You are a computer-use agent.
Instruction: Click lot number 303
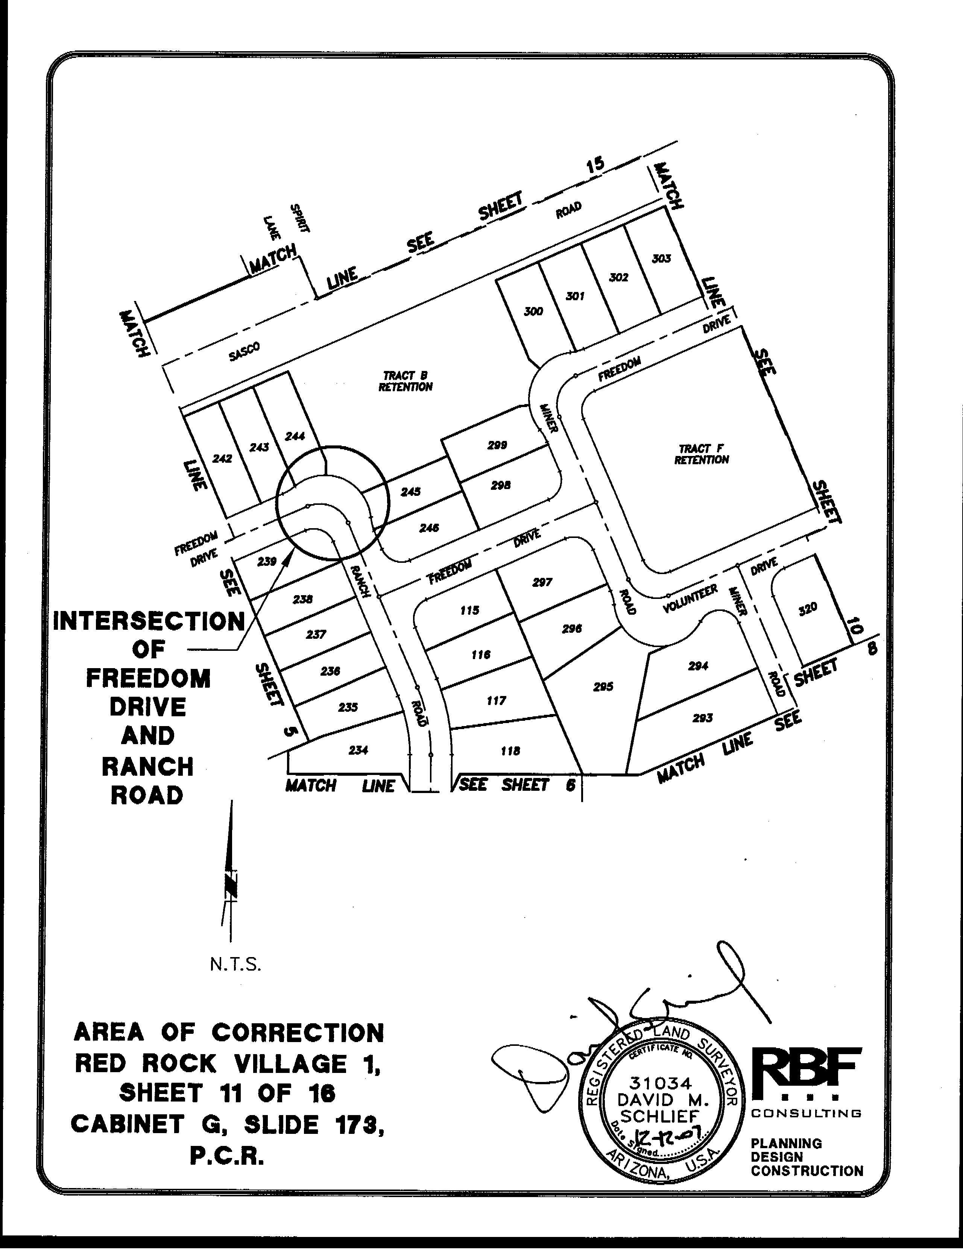(x=661, y=258)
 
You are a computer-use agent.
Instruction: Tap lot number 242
(x=222, y=458)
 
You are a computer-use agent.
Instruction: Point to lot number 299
(x=497, y=445)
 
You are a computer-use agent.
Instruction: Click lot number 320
(x=808, y=608)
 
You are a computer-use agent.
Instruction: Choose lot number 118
(x=510, y=751)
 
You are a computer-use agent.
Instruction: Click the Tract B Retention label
(x=405, y=381)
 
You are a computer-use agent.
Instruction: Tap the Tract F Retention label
(x=702, y=454)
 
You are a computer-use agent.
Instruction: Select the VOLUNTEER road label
(x=690, y=599)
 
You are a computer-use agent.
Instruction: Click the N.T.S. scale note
(x=235, y=965)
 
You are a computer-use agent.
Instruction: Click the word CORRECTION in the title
(x=298, y=1033)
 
